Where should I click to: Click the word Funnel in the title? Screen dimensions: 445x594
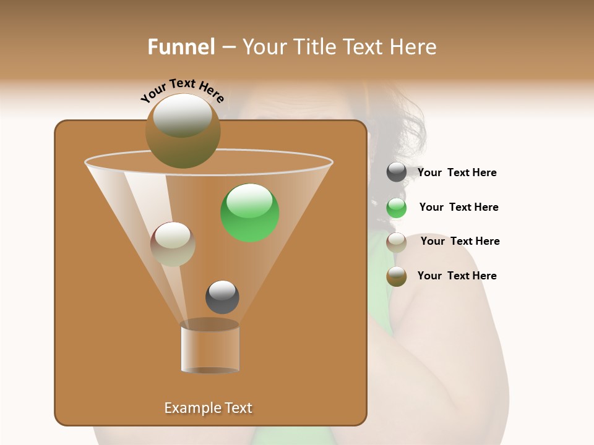click(181, 47)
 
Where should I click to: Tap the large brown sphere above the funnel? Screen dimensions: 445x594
click(183, 130)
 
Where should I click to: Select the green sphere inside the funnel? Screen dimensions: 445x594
click(250, 213)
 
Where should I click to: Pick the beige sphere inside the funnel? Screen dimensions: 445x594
click(173, 244)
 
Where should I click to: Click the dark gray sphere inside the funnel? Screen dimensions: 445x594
click(222, 297)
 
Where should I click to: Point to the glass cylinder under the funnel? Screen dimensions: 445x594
click(210, 348)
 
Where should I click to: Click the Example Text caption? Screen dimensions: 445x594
click(208, 408)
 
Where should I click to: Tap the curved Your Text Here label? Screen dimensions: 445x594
click(182, 91)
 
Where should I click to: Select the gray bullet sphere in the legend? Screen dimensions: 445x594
click(397, 172)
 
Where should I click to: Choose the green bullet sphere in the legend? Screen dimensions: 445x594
click(397, 208)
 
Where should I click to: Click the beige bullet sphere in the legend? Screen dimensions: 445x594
click(397, 242)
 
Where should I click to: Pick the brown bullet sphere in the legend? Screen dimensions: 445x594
click(397, 276)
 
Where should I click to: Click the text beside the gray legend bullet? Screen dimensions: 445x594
click(457, 172)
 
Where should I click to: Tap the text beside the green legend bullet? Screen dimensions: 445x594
click(458, 207)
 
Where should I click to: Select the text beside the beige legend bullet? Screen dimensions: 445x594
click(460, 241)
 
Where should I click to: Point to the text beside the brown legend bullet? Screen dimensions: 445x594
click(457, 276)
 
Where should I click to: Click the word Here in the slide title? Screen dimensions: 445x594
click(414, 47)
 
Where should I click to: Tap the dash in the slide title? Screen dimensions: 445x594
click(228, 48)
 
